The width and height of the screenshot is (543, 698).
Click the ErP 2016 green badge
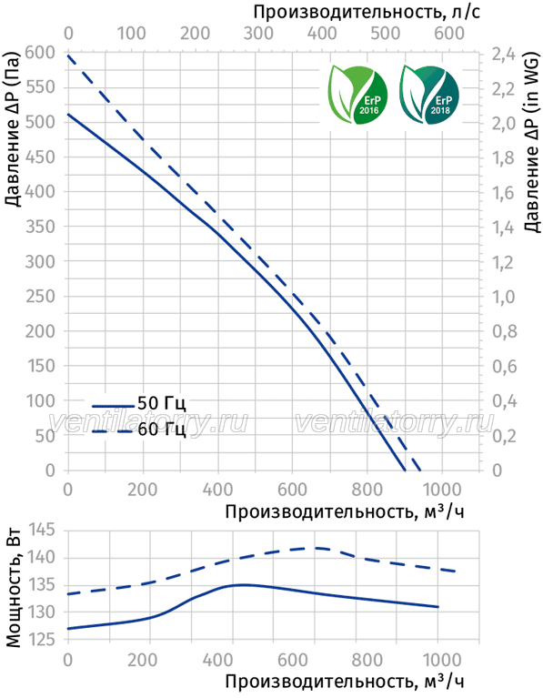[x=357, y=95]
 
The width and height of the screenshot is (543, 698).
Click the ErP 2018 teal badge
[x=429, y=95]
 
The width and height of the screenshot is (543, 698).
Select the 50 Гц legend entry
[x=139, y=404]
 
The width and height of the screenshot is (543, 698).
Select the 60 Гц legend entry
[x=139, y=430]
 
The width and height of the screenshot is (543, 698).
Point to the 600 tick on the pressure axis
[x=40, y=52]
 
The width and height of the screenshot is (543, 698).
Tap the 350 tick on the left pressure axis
[x=40, y=227]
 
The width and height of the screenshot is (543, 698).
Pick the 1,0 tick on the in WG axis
[x=503, y=297]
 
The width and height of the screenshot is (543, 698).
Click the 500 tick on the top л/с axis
[x=385, y=33]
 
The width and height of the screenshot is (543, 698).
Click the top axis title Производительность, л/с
[x=367, y=12]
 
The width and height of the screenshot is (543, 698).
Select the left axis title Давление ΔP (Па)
[x=14, y=129]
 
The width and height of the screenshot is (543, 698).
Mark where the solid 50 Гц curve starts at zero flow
[x=68, y=114]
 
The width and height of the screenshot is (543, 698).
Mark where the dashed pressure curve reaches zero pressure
[x=419, y=470]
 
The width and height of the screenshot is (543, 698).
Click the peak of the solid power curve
[x=244, y=584]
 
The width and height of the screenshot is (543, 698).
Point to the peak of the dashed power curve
[x=317, y=548]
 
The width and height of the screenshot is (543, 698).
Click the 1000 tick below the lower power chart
[x=437, y=659]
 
